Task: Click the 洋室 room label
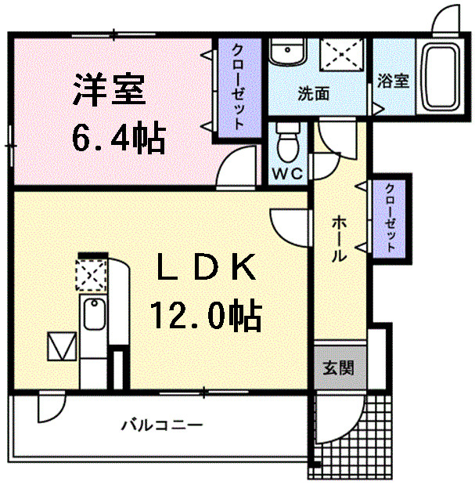pyautogui.click(x=110, y=89)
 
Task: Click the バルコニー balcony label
pyautogui.click(x=163, y=425)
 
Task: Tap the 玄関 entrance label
pyautogui.click(x=339, y=367)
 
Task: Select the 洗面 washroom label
pyautogui.click(x=313, y=92)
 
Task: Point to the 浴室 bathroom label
pyautogui.click(x=394, y=81)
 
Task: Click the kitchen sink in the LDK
pyautogui.click(x=93, y=317)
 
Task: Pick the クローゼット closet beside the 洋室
pyautogui.click(x=236, y=86)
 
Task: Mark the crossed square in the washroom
pyautogui.click(x=340, y=55)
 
